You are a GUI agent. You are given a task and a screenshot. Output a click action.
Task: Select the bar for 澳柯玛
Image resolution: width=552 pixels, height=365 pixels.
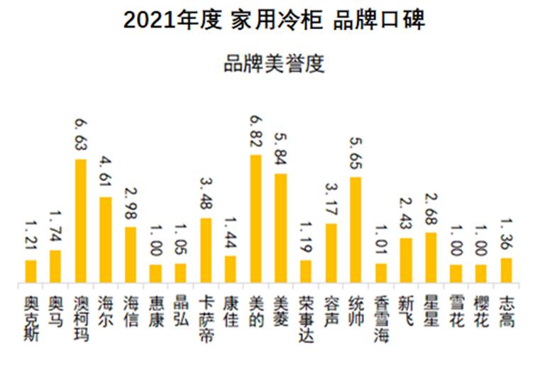click(80, 222)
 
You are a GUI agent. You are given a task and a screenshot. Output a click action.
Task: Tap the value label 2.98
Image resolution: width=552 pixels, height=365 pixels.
click(130, 205)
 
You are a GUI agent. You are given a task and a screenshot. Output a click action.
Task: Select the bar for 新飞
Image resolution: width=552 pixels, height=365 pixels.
click(406, 261)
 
